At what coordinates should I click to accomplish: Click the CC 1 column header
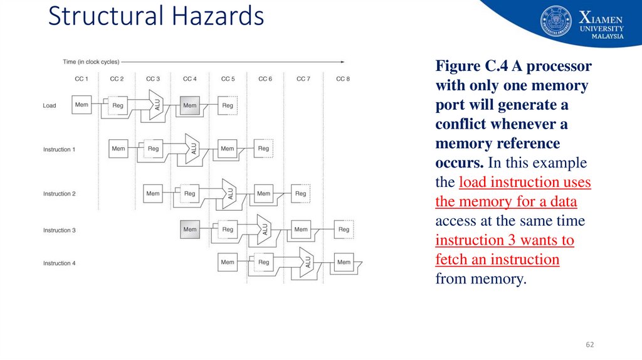[82, 79]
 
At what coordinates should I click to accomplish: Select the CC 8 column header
[342, 79]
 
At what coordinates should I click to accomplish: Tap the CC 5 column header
[228, 79]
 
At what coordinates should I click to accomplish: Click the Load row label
[50, 105]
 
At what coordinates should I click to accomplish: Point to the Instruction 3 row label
[59, 230]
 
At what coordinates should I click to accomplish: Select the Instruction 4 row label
[59, 263]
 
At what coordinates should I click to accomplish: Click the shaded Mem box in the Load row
[190, 105]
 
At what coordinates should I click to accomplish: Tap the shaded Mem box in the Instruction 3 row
[190, 230]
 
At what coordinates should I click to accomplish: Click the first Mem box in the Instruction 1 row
[118, 149]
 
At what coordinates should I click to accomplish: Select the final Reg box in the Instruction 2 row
[301, 193]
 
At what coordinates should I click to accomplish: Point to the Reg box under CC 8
[344, 230]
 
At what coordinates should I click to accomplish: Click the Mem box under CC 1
[82, 105]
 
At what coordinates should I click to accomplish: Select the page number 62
[589, 344]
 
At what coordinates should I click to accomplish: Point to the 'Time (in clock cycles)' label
[91, 61]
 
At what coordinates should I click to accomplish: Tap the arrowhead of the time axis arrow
[342, 61]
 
